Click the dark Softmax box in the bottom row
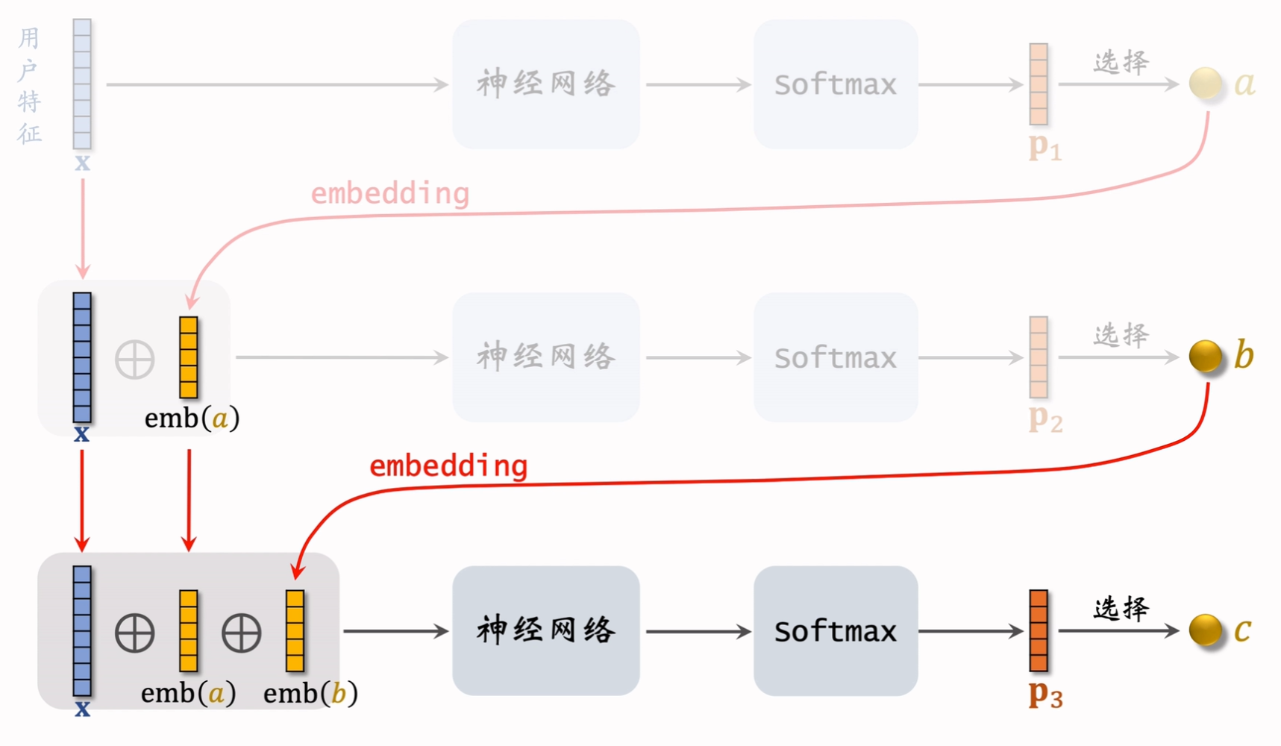pyautogui.click(x=835, y=631)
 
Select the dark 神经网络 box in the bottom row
pyautogui.click(x=545, y=631)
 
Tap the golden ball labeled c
pyautogui.click(x=1205, y=630)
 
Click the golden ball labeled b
pyautogui.click(x=1205, y=357)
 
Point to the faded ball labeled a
pyautogui.click(x=1205, y=84)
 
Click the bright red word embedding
pyautogui.click(x=448, y=466)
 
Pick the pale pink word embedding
pyautogui.click(x=389, y=194)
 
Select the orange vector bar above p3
pyautogui.click(x=1039, y=631)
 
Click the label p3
pyautogui.click(x=1045, y=694)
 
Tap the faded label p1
pyautogui.click(x=1044, y=147)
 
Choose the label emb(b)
pyautogui.click(x=310, y=694)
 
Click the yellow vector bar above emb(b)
pyautogui.click(x=295, y=631)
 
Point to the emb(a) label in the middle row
pyautogui.click(x=192, y=419)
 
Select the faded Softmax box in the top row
pyautogui.click(x=835, y=84)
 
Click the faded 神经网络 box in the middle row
pyautogui.click(x=545, y=357)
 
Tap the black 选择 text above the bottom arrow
pyautogui.click(x=1121, y=609)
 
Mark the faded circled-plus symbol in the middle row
pyautogui.click(x=135, y=360)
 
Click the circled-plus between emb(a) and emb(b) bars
pyautogui.click(x=242, y=633)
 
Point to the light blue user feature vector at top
pyautogui.click(x=82, y=84)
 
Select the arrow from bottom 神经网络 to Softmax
pyautogui.click(x=698, y=632)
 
